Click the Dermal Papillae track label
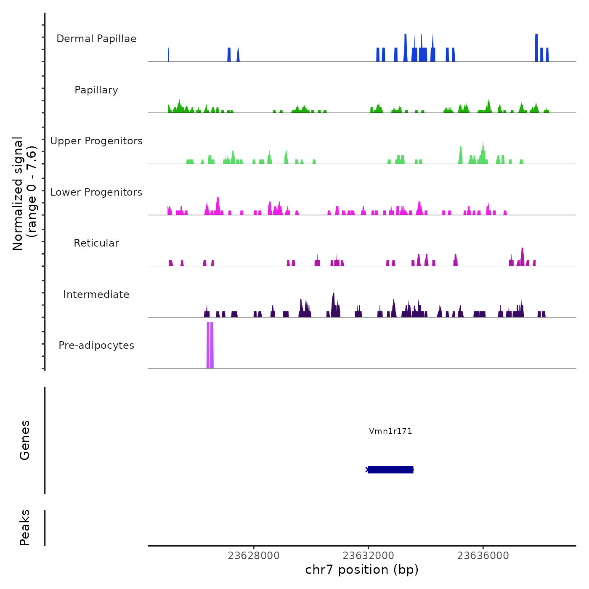coord(96,39)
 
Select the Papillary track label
coord(96,90)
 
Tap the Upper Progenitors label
coord(96,141)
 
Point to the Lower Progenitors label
coord(96,192)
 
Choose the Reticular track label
coord(96,243)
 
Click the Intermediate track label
coord(96,294)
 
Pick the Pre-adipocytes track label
coord(96,345)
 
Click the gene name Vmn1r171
coord(390,431)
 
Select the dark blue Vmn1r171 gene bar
coord(390,470)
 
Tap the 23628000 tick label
coord(254,556)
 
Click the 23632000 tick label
coord(369,556)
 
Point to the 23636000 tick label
coord(483,556)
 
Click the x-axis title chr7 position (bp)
coord(362,570)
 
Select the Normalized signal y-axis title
coord(24,194)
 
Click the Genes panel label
coord(25,440)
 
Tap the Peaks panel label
coord(25,528)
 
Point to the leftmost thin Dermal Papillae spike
coord(168,55)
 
